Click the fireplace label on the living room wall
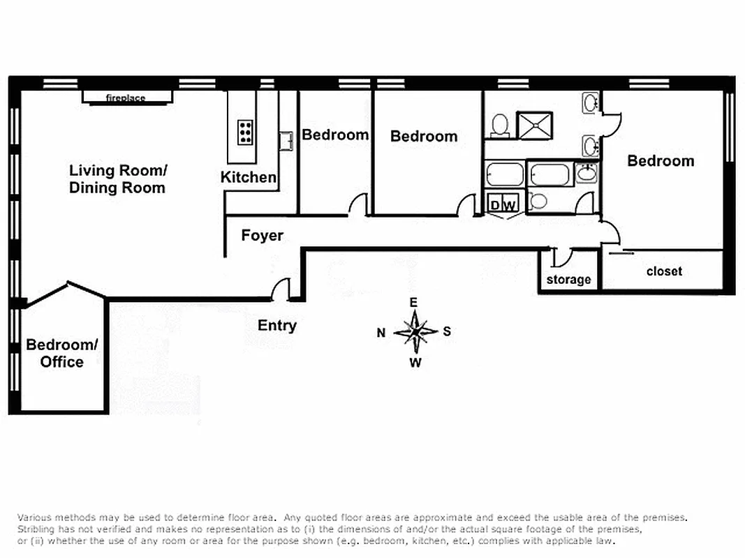tap(126, 98)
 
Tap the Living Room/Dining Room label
tap(117, 179)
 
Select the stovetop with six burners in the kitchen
tap(245, 132)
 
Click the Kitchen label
tap(249, 177)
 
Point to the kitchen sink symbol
tap(286, 140)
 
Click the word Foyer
tap(263, 236)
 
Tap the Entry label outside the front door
tap(277, 326)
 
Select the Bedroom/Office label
tap(62, 353)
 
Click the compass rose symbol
tap(415, 332)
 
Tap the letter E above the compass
tap(413, 302)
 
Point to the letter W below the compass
tap(415, 363)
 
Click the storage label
tap(568, 280)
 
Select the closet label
tap(664, 271)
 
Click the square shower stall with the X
tap(535, 126)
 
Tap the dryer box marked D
tap(495, 205)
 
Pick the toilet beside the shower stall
tap(499, 126)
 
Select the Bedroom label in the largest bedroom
tap(661, 161)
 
